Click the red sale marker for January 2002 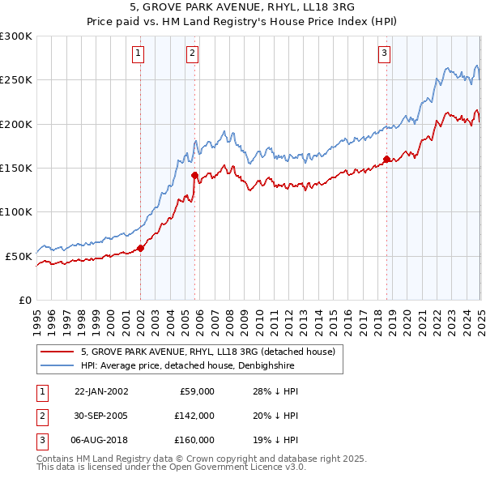[140, 248]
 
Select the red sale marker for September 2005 [194, 175]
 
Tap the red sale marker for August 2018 [386, 159]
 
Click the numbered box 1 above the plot [139, 54]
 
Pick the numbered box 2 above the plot [192, 54]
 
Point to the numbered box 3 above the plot [383, 54]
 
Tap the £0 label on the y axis [25, 300]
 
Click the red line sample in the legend [57, 352]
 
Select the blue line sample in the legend [57, 365]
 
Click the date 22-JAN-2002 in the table [101, 391]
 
